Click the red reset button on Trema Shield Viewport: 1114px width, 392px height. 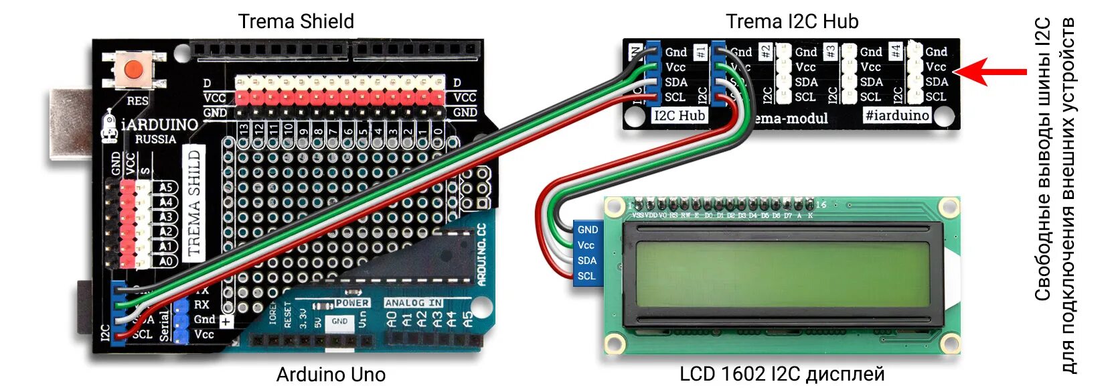pyautogui.click(x=135, y=69)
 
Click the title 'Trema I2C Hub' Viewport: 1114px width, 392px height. pyautogui.click(x=791, y=21)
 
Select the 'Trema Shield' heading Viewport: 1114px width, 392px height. pyautogui.click(x=296, y=21)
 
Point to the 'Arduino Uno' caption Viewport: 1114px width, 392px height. pyautogui.click(x=331, y=374)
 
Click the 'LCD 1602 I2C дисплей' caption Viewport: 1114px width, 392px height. pyautogui.click(x=782, y=374)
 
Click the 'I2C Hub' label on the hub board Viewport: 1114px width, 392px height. pyautogui.click(x=680, y=115)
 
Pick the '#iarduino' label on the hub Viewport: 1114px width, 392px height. pyautogui.click(x=896, y=115)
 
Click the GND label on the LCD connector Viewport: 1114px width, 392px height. pyautogui.click(x=587, y=230)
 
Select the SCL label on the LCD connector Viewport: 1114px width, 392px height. pyautogui.click(x=586, y=276)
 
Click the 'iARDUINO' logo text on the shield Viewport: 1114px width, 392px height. pyautogui.click(x=160, y=125)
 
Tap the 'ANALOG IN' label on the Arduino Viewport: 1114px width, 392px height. pyautogui.click(x=413, y=303)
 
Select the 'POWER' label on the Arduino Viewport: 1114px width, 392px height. pyautogui.click(x=351, y=303)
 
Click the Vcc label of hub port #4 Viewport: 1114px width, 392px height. pyautogui.click(x=935, y=67)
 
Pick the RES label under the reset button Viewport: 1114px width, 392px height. pyautogui.click(x=137, y=101)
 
